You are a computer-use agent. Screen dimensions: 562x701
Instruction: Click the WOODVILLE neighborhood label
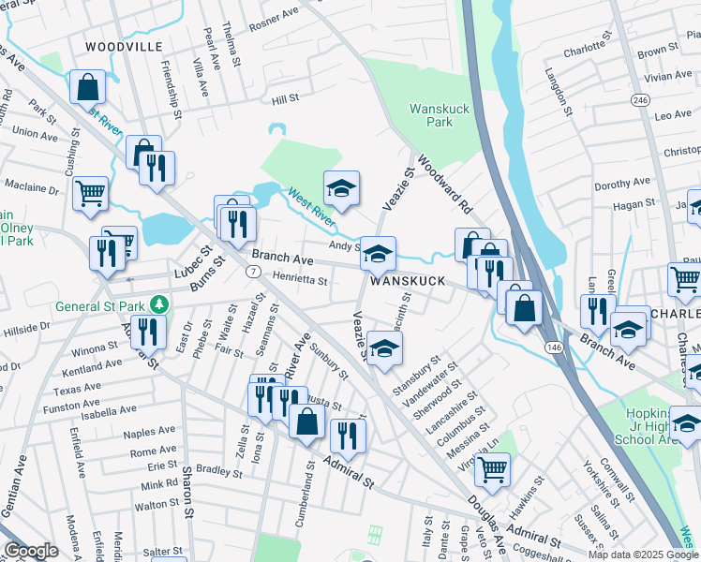tap(124, 46)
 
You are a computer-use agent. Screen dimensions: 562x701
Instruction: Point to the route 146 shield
tap(546, 347)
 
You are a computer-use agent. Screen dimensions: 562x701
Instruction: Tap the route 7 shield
tap(252, 271)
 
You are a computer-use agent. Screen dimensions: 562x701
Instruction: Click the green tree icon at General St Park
tap(160, 304)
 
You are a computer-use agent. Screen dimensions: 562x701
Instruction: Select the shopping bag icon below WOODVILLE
tap(87, 88)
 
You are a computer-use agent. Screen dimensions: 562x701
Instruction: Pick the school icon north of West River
tap(342, 187)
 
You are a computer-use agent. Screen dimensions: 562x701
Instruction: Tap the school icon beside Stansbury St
tap(384, 348)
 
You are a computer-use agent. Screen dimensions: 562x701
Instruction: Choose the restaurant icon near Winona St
tap(148, 331)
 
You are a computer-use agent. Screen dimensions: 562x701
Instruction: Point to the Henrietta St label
tap(300, 278)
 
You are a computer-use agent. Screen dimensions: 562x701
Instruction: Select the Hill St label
tap(285, 97)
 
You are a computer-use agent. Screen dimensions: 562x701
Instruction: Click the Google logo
tap(30, 551)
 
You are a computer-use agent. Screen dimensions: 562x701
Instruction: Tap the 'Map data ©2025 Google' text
tap(642, 555)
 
